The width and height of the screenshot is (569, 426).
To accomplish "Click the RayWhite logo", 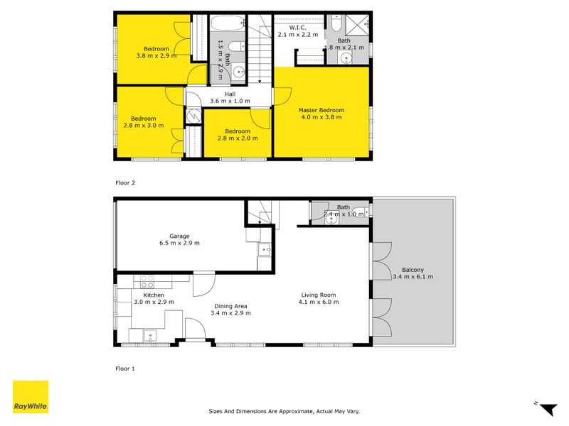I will point(31,397).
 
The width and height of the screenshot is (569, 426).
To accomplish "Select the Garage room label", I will point(179,236).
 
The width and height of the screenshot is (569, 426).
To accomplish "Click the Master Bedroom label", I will point(321,110).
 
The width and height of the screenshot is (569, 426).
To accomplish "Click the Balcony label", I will point(413,270).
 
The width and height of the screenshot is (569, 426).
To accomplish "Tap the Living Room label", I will point(318,295).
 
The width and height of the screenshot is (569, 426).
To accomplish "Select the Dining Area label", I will point(232,306).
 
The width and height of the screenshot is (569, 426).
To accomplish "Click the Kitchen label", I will point(154,295).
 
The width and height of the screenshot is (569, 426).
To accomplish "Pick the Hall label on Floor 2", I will point(230,94).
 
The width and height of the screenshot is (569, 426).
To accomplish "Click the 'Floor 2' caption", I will point(125,182).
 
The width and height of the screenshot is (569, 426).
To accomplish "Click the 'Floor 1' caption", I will point(125,368).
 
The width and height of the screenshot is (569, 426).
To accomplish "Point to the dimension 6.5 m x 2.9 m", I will point(179,244).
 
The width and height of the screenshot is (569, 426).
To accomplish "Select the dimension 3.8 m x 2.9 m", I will point(157,55).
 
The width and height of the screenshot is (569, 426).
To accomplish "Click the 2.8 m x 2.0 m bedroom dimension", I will point(238,138).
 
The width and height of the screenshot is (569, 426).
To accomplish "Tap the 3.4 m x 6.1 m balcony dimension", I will point(413,277).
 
